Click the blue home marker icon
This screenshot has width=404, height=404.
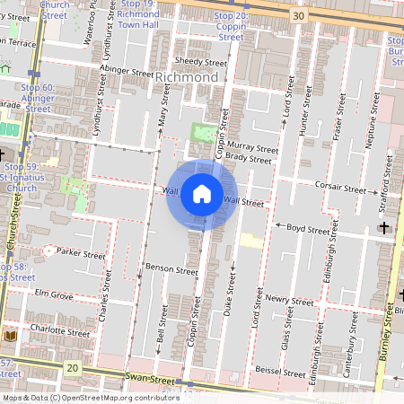[202, 194]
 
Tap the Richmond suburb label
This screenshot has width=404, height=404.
[187, 78]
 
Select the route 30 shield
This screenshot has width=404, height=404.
[297, 15]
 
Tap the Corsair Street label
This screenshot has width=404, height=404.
[340, 189]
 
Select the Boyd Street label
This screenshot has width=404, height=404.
[308, 229]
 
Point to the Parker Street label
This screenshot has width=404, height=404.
[81, 254]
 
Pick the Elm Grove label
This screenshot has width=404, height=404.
[54, 294]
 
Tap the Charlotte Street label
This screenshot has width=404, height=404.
[61, 331]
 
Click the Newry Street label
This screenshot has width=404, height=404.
[289, 302]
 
